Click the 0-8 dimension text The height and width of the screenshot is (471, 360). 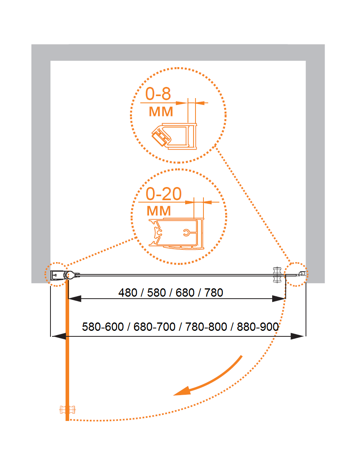click(158, 94)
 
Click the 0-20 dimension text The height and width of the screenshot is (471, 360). click(164, 194)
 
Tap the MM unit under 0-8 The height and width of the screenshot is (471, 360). click(161, 112)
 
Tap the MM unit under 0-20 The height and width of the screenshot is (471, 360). click(159, 211)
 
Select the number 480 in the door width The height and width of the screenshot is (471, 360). click(128, 293)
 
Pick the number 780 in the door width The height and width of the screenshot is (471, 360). click(214, 293)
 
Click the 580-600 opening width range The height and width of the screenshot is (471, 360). click(103, 327)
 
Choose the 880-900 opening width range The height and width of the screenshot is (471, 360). click(258, 327)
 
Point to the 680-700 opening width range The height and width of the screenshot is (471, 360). click(155, 327)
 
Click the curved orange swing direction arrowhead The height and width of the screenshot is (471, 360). click(183, 391)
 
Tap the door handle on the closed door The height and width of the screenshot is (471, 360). click(277, 275)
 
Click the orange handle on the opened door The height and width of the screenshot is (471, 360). click(67, 410)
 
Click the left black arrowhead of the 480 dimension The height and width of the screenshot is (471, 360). click(75, 299)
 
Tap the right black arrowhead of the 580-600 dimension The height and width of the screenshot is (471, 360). click(298, 336)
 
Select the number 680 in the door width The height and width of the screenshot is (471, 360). click(185, 293)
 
